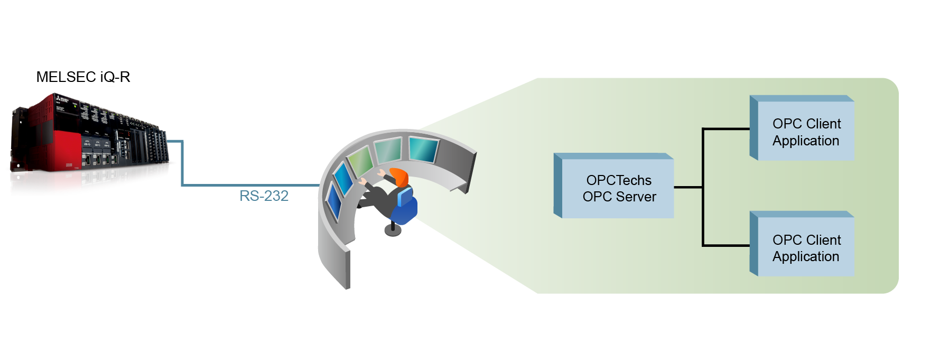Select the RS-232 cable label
pos(264,196)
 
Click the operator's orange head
pos(400,176)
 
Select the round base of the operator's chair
pos(393,230)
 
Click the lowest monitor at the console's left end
pos(334,201)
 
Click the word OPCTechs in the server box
pos(619,180)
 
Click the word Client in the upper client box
pos(824,124)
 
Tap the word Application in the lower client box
pos(806,256)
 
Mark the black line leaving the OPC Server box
pos(687,187)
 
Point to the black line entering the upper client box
pos(727,128)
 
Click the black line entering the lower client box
pos(727,245)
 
